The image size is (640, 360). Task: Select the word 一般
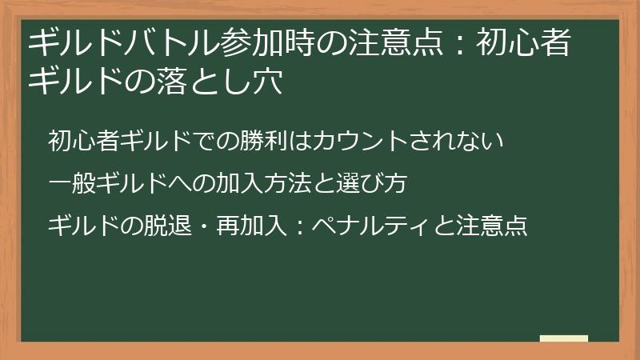point(70,184)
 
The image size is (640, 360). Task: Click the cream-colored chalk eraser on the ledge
point(564,339)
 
